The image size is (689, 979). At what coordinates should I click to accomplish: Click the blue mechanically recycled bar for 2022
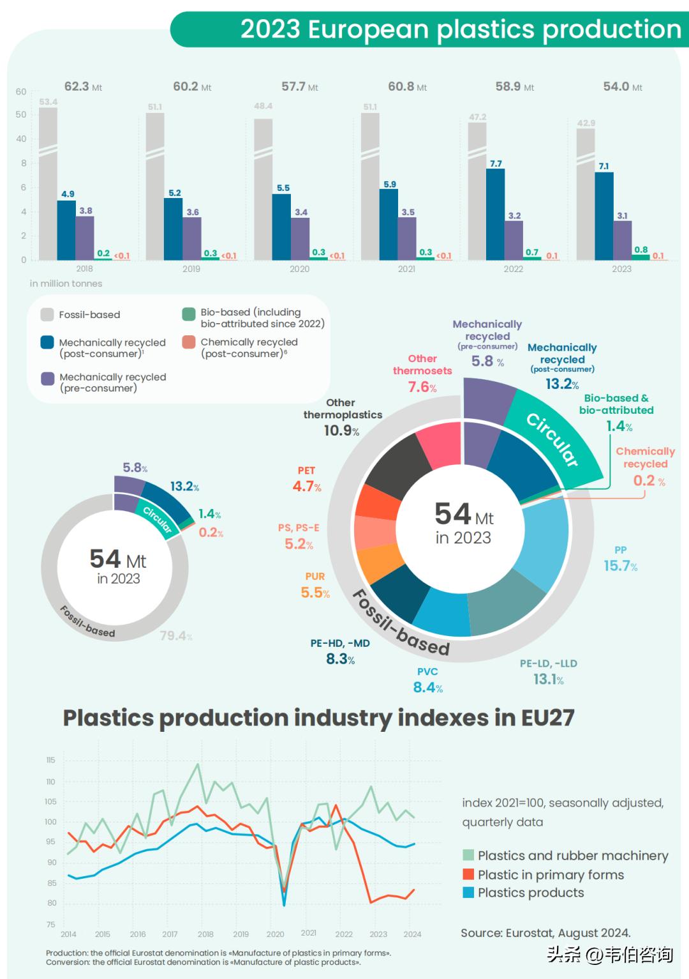coord(495,214)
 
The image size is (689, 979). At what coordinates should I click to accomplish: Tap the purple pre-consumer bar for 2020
coord(300,239)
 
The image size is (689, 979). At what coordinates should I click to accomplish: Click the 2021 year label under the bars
coord(406,269)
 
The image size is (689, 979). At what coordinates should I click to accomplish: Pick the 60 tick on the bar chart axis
coord(21,92)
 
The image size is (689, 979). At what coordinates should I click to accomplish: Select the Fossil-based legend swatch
coord(47,314)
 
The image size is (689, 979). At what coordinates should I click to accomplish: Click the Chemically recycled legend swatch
coord(188,342)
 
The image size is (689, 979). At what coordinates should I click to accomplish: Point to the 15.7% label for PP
coord(620,566)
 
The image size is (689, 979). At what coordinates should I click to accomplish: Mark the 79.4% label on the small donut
coord(175,635)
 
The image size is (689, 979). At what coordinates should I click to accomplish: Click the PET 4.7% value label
coord(306,486)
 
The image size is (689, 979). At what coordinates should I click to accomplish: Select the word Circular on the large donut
coord(552,439)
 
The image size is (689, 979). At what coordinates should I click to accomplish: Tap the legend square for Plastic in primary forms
coord(469,874)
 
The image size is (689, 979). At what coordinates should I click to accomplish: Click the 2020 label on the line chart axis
coord(275,934)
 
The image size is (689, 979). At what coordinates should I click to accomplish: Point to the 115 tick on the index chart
coord(51,760)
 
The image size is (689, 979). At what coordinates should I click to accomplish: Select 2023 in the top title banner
coord(270,29)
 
